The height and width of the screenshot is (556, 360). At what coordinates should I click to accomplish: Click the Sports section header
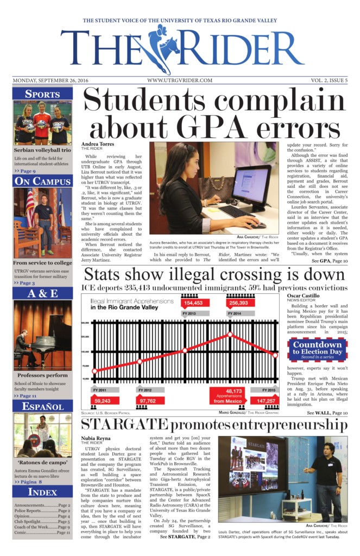click(x=42, y=94)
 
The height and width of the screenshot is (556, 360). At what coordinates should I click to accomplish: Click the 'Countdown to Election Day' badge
click(x=318, y=348)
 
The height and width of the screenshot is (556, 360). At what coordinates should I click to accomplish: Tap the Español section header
click(x=42, y=407)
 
